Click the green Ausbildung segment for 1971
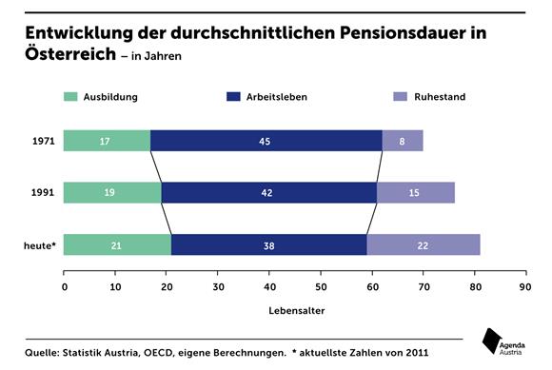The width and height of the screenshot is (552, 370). [x=107, y=141]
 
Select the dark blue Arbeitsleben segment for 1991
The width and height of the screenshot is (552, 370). [x=268, y=192]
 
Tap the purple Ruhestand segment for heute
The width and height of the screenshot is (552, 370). [x=423, y=244]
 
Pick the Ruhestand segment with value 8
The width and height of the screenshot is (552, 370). [x=403, y=141]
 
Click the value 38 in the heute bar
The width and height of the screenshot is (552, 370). [x=268, y=245]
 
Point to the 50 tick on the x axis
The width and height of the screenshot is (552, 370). [x=321, y=284]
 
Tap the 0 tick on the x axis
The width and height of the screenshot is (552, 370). [x=65, y=284]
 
